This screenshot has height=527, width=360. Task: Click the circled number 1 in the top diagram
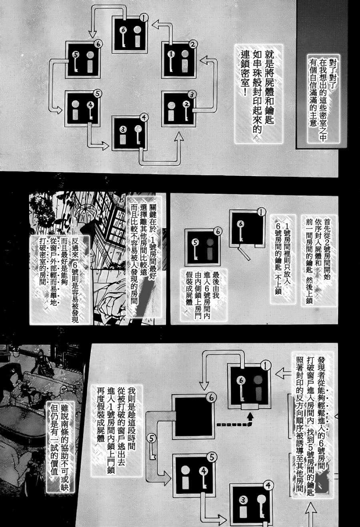click(x=144, y=17)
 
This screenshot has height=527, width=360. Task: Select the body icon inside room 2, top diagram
click(x=185, y=61)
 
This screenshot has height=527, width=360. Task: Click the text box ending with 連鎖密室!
click(x=258, y=94)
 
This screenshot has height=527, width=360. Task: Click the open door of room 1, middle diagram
click(x=244, y=253)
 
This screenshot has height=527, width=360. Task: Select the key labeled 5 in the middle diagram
click(x=195, y=249)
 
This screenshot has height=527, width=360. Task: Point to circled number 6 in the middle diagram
click(x=218, y=232)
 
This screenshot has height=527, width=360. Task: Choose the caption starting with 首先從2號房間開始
click(x=319, y=260)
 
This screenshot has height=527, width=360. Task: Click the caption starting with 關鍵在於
click(x=144, y=256)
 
